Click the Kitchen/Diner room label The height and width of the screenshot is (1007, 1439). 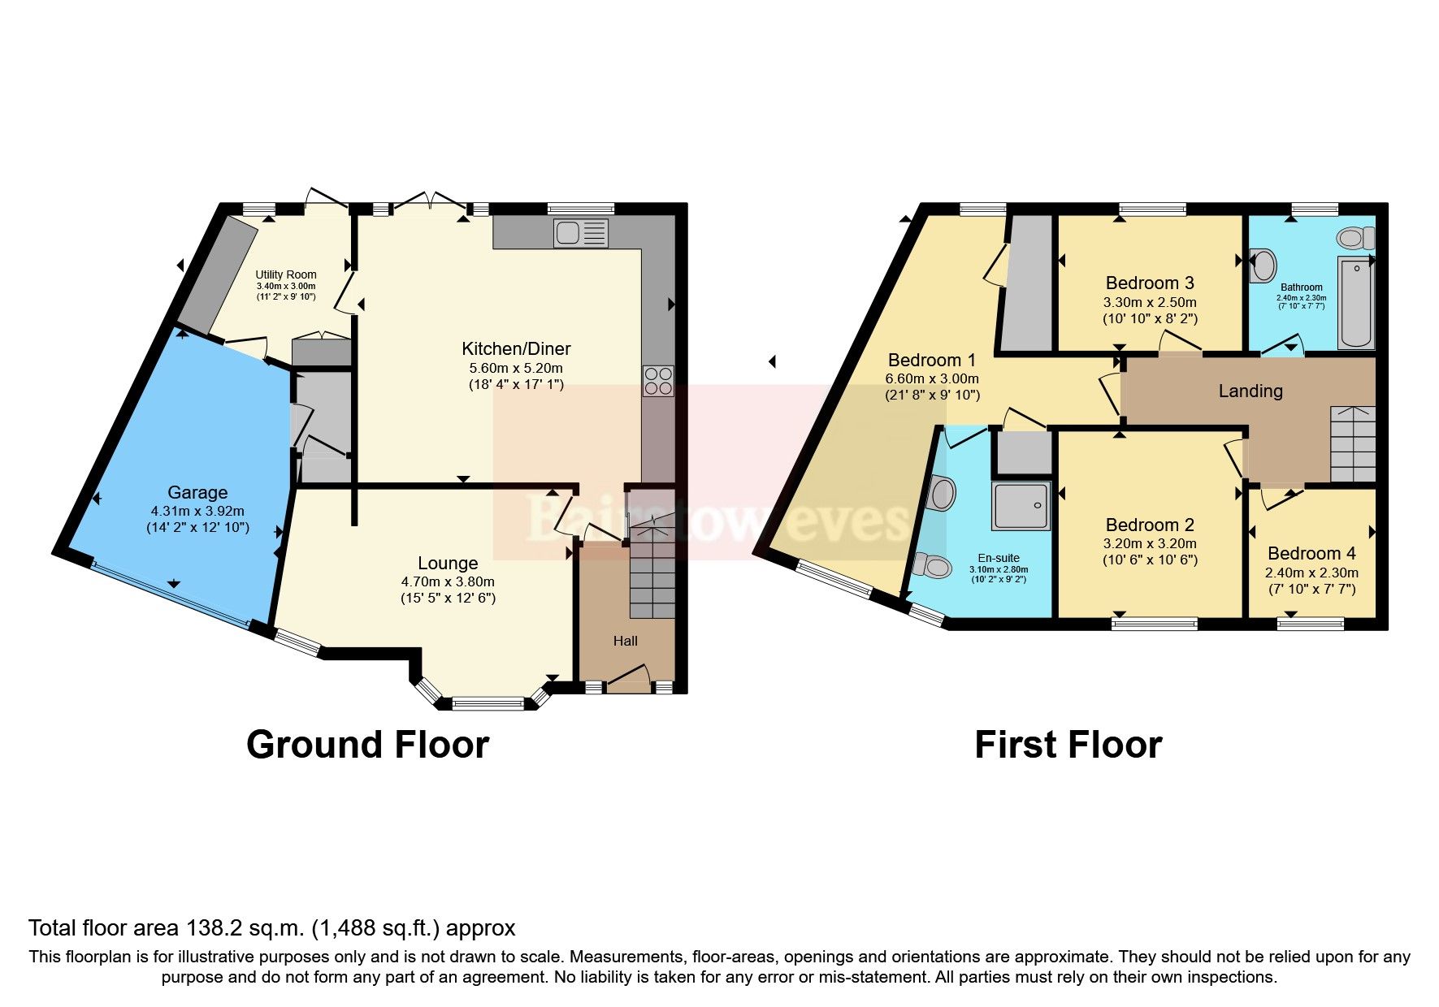[x=516, y=349]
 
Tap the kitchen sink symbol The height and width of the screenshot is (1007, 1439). [x=580, y=233]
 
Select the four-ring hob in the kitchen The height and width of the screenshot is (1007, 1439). [x=658, y=381]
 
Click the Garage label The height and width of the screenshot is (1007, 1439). [x=197, y=492]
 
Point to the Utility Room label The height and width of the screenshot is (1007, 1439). [x=286, y=274]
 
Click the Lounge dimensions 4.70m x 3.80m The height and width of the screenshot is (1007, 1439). [x=448, y=581]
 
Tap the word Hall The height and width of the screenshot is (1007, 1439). [x=625, y=641]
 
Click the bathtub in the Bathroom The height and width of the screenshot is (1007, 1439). [x=1355, y=302]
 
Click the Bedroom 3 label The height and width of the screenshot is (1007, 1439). [x=1149, y=283]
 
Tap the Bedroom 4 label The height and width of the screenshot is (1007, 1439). [x=1311, y=553]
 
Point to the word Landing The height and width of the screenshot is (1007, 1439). [x=1250, y=391]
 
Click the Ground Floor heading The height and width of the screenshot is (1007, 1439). [x=367, y=745]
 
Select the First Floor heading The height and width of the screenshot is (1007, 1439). [x=1068, y=745]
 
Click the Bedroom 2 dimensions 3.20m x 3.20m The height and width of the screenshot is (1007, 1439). [x=1149, y=543]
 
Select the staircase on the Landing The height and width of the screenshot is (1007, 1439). [x=1352, y=444]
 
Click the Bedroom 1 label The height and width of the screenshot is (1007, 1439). [x=931, y=360]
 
